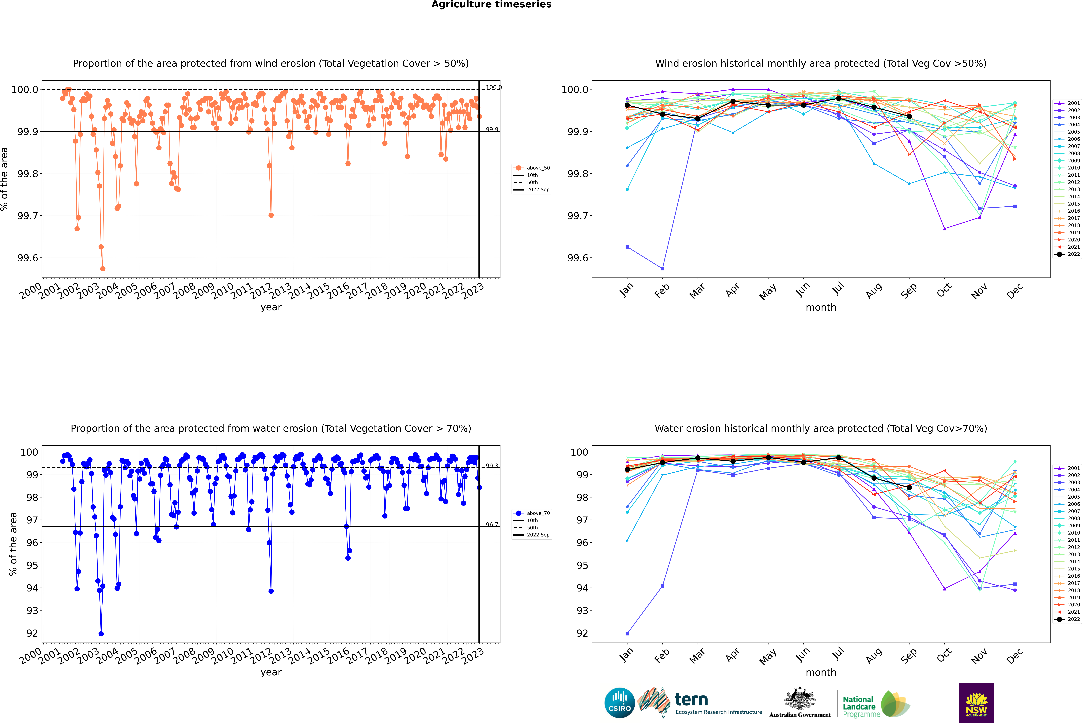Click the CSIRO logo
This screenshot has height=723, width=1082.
pos(619,703)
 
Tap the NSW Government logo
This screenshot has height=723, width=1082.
pos(976,703)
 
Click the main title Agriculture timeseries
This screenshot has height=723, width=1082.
pos(491,5)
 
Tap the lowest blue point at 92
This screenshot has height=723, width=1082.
pos(101,634)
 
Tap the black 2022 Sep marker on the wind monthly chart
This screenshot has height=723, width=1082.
pos(909,116)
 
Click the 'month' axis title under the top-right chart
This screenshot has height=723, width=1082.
pos(820,308)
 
